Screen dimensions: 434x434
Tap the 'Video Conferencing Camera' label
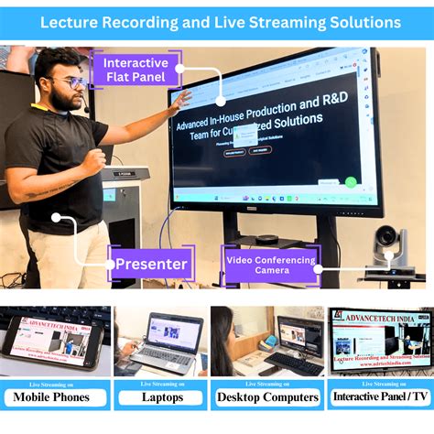tap(271, 266)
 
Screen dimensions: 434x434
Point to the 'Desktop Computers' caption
tap(266, 397)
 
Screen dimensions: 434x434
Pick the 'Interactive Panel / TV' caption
tap(380, 397)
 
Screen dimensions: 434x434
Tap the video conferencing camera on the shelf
tap(391, 248)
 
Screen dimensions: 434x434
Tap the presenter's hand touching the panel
tap(181, 98)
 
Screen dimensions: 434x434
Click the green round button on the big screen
tap(351, 182)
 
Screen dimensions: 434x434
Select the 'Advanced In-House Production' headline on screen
tap(262, 108)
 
